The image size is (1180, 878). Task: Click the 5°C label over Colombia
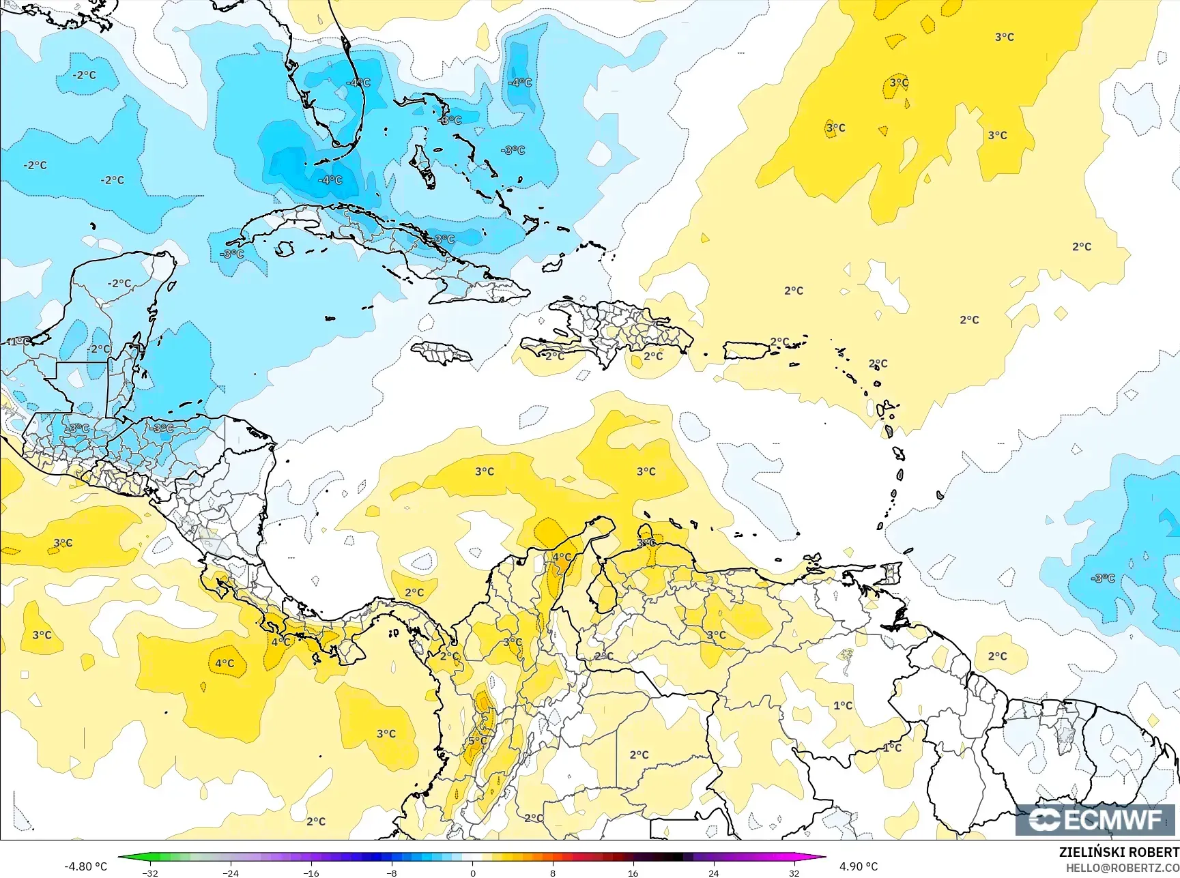tap(478, 741)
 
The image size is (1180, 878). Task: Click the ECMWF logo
tap(1097, 819)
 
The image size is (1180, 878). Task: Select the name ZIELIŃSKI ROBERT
tap(1119, 852)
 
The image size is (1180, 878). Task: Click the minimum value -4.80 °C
tap(85, 866)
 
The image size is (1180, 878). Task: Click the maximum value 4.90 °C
tap(859, 866)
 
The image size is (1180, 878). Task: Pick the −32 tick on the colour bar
tap(150, 873)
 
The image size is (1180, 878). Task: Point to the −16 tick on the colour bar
tap(311, 873)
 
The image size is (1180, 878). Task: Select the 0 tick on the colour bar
tap(472, 873)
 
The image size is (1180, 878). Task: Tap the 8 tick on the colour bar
tap(553, 873)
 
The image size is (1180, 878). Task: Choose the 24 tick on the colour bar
tap(714, 873)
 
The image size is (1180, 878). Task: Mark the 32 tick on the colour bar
tap(794, 873)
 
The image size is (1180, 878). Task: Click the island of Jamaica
tap(442, 353)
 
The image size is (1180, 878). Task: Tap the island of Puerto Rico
tap(746, 351)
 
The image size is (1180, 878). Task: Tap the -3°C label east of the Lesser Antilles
tap(1103, 579)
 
